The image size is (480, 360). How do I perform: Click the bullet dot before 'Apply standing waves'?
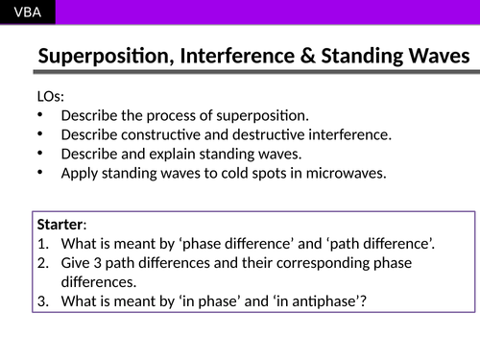[38, 174]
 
